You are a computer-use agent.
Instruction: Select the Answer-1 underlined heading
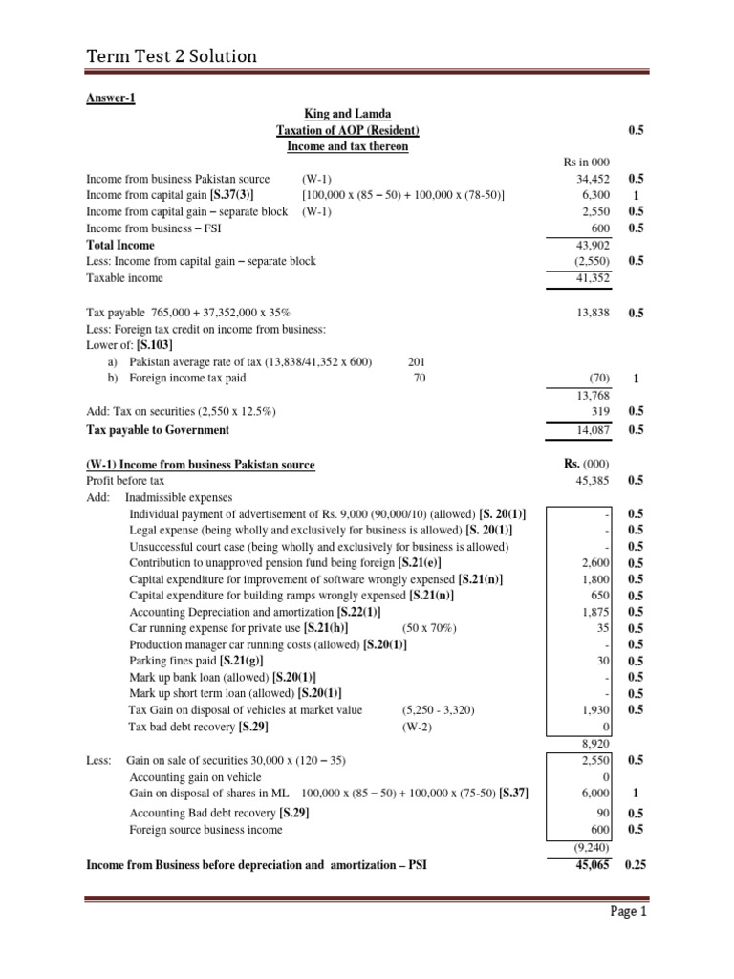(x=110, y=97)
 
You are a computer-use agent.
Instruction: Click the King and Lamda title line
(x=347, y=113)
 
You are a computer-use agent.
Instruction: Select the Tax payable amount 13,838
(x=593, y=312)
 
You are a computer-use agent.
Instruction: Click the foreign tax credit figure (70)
(x=597, y=378)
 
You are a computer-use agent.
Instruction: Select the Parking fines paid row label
(x=196, y=661)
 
